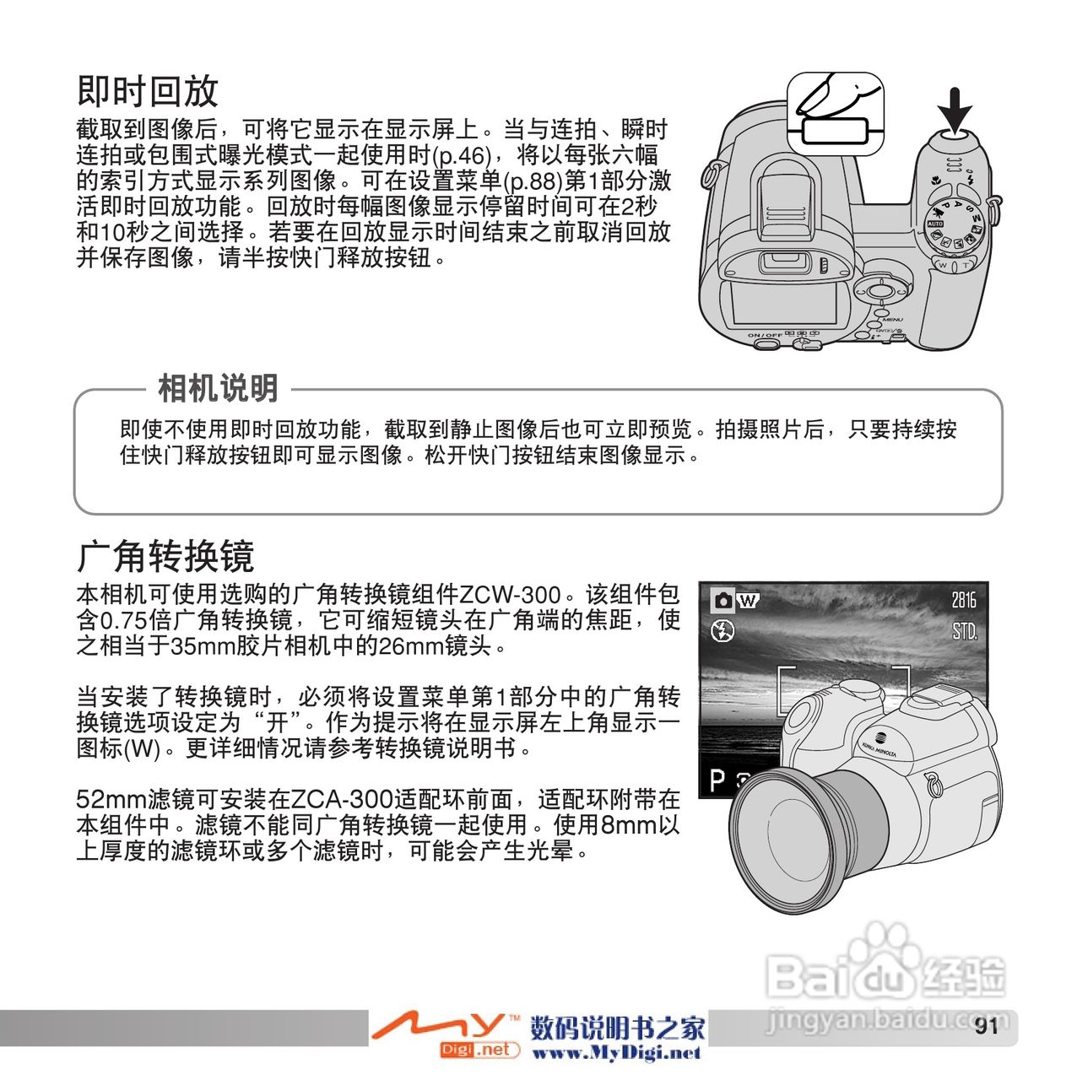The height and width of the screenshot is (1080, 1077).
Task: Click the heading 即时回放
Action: pyautogui.click(x=148, y=91)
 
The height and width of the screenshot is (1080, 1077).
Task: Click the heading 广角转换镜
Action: pyautogui.click(x=165, y=556)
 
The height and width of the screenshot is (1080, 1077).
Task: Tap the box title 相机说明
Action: pyautogui.click(x=218, y=388)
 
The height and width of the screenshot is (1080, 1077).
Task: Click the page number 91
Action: pyautogui.click(x=986, y=1026)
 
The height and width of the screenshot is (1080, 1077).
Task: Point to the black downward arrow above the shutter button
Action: pyautogui.click(x=956, y=111)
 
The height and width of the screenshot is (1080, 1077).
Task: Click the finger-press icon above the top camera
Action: pyautogui.click(x=836, y=113)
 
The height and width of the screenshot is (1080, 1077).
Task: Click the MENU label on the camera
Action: pyautogui.click(x=892, y=320)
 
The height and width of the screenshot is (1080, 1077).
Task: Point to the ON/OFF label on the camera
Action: pyautogui.click(x=765, y=335)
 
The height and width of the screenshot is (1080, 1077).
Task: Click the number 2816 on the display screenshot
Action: pyautogui.click(x=963, y=600)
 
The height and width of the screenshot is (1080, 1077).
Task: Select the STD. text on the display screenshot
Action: pyautogui.click(x=964, y=632)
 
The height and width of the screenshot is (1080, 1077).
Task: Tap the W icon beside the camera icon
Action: pyautogui.click(x=747, y=601)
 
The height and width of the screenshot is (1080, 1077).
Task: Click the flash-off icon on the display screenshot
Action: pyautogui.click(x=723, y=631)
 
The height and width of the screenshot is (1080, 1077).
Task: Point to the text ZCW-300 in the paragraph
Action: pyautogui.click(x=510, y=595)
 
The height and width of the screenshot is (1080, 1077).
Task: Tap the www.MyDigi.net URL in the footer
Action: pyautogui.click(x=616, y=1053)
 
